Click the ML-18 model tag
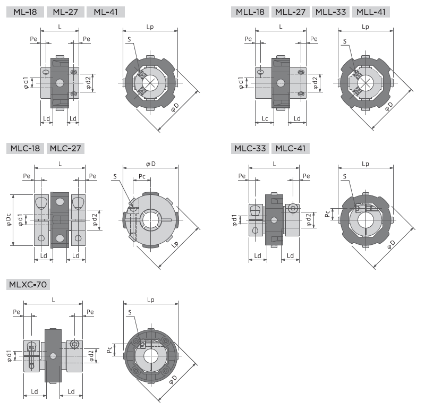pos(25,12)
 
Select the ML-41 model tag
pos(106,12)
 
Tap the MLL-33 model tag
pos(330,12)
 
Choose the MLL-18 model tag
pos(250,12)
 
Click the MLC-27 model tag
pos(65,148)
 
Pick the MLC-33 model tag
pos(250,148)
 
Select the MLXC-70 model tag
pos(28,284)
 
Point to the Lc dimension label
pos(265,118)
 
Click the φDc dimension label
pos(8,220)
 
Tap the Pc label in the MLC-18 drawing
pos(142,176)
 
